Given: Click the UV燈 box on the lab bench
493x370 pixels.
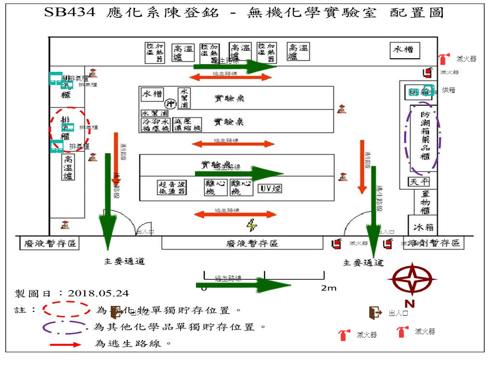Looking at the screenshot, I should (270, 188).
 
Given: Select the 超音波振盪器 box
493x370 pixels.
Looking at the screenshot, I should (172, 188).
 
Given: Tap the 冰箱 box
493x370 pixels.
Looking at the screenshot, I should (423, 226).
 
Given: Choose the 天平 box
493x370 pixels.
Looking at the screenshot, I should (419, 182).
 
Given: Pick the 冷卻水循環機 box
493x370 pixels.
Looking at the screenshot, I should (156, 125).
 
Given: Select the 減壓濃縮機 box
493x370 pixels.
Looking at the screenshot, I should (187, 125).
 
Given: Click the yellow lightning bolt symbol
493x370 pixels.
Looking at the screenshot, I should (251, 225).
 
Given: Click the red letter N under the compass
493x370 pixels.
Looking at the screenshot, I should (409, 304).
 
